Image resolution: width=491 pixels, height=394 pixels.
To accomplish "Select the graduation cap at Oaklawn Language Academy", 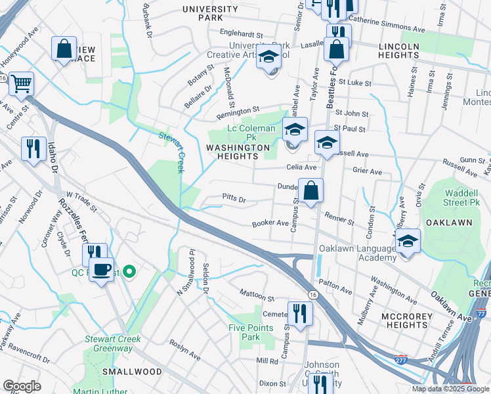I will click(408, 241).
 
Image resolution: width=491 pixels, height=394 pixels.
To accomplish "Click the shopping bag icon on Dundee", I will click(310, 191).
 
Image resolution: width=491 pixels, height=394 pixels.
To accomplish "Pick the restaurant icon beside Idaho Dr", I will click(33, 148).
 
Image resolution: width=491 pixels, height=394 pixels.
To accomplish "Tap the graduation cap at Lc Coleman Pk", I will click(295, 129).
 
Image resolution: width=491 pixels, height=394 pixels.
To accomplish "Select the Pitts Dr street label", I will click(234, 198).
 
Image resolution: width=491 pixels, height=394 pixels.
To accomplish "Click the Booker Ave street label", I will click(271, 223).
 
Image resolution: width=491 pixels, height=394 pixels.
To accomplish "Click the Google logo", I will click(22, 386).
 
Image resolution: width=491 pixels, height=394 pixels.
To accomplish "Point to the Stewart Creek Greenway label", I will click(112, 344).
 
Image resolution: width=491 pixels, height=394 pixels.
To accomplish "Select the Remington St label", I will click(239, 110).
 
